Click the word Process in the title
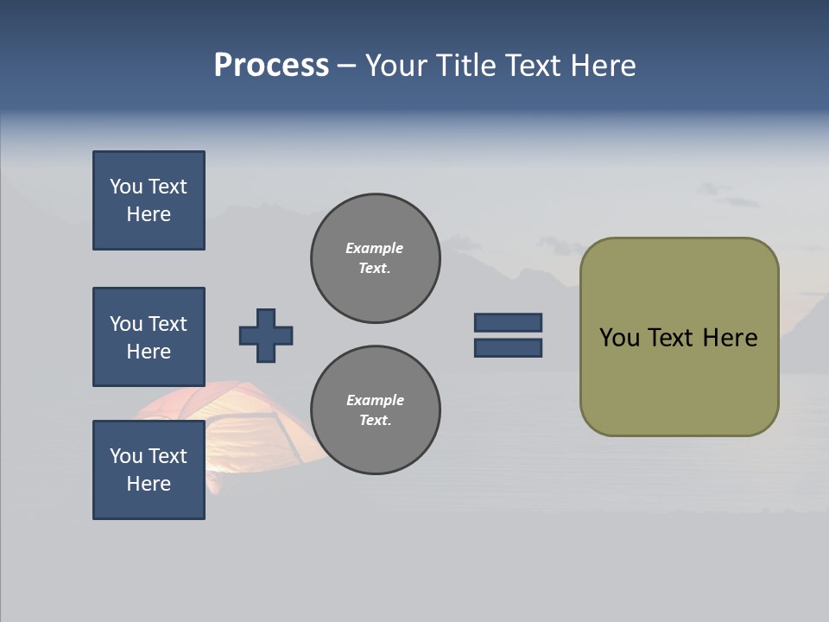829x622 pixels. pos(271,66)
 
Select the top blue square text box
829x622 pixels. pos(149,200)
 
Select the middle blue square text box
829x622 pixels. pos(149,337)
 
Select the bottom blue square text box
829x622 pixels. pos(149,470)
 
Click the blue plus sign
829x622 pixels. pos(266,335)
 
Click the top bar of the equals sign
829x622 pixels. pos(508,322)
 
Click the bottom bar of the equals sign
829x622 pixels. pos(508,347)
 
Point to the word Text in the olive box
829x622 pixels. pos(673,338)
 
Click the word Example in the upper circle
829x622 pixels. pos(374,248)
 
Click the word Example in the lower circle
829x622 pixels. pos(375,400)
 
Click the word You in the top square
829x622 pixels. pos(126,187)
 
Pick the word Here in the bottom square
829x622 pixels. pos(149,484)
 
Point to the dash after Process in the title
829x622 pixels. pos(346,66)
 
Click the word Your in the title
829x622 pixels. pos(399,66)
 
